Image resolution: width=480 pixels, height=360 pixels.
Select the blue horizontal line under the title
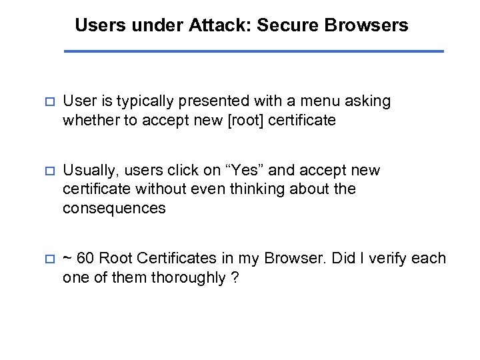tap(253, 51)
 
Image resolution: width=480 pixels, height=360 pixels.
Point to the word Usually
tap(90, 171)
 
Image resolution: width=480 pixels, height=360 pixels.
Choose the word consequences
tap(114, 208)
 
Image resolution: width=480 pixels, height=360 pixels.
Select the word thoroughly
tap(188, 277)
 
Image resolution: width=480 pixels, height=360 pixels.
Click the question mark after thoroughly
tap(235, 277)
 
